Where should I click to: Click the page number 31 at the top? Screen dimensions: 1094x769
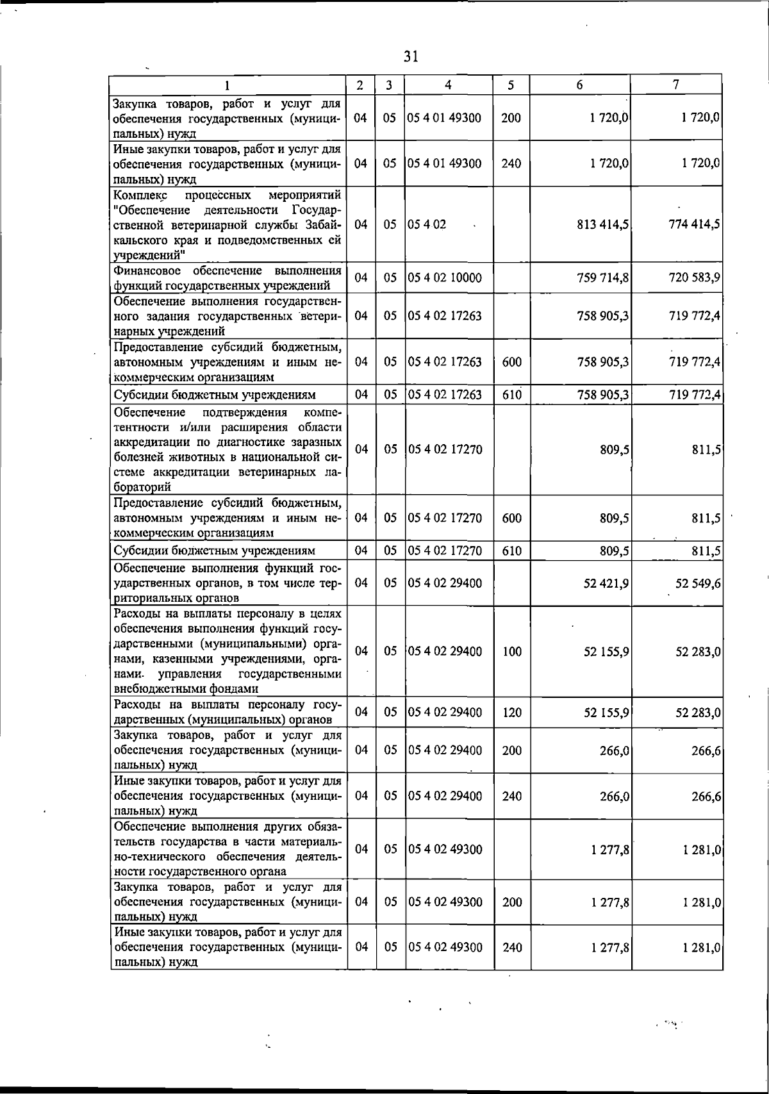click(x=411, y=56)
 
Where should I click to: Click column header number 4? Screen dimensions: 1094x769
click(x=449, y=85)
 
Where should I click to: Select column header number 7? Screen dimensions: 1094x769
click(x=676, y=85)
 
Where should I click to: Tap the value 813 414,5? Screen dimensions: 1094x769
click(x=602, y=224)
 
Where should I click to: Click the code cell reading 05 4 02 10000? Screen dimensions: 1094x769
click(x=445, y=278)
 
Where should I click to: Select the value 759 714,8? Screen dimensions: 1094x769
click(x=602, y=278)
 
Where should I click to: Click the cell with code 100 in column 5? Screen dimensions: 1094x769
click(x=511, y=651)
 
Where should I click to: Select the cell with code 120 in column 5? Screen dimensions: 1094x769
click(x=511, y=712)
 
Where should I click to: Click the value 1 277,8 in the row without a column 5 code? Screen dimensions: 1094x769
click(x=610, y=849)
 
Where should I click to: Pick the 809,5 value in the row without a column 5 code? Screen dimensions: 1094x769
click(x=614, y=449)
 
